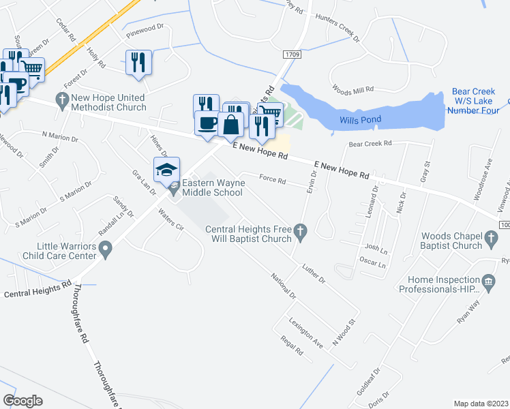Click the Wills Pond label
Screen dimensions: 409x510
(361, 121)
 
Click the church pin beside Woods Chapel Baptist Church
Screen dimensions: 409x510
(491, 236)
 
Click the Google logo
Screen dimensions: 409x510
(23, 400)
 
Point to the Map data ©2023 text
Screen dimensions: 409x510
(481, 404)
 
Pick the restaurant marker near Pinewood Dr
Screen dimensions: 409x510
(138, 62)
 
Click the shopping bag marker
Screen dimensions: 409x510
(231, 125)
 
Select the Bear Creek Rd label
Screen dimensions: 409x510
(370, 144)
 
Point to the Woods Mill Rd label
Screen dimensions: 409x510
(352, 89)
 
